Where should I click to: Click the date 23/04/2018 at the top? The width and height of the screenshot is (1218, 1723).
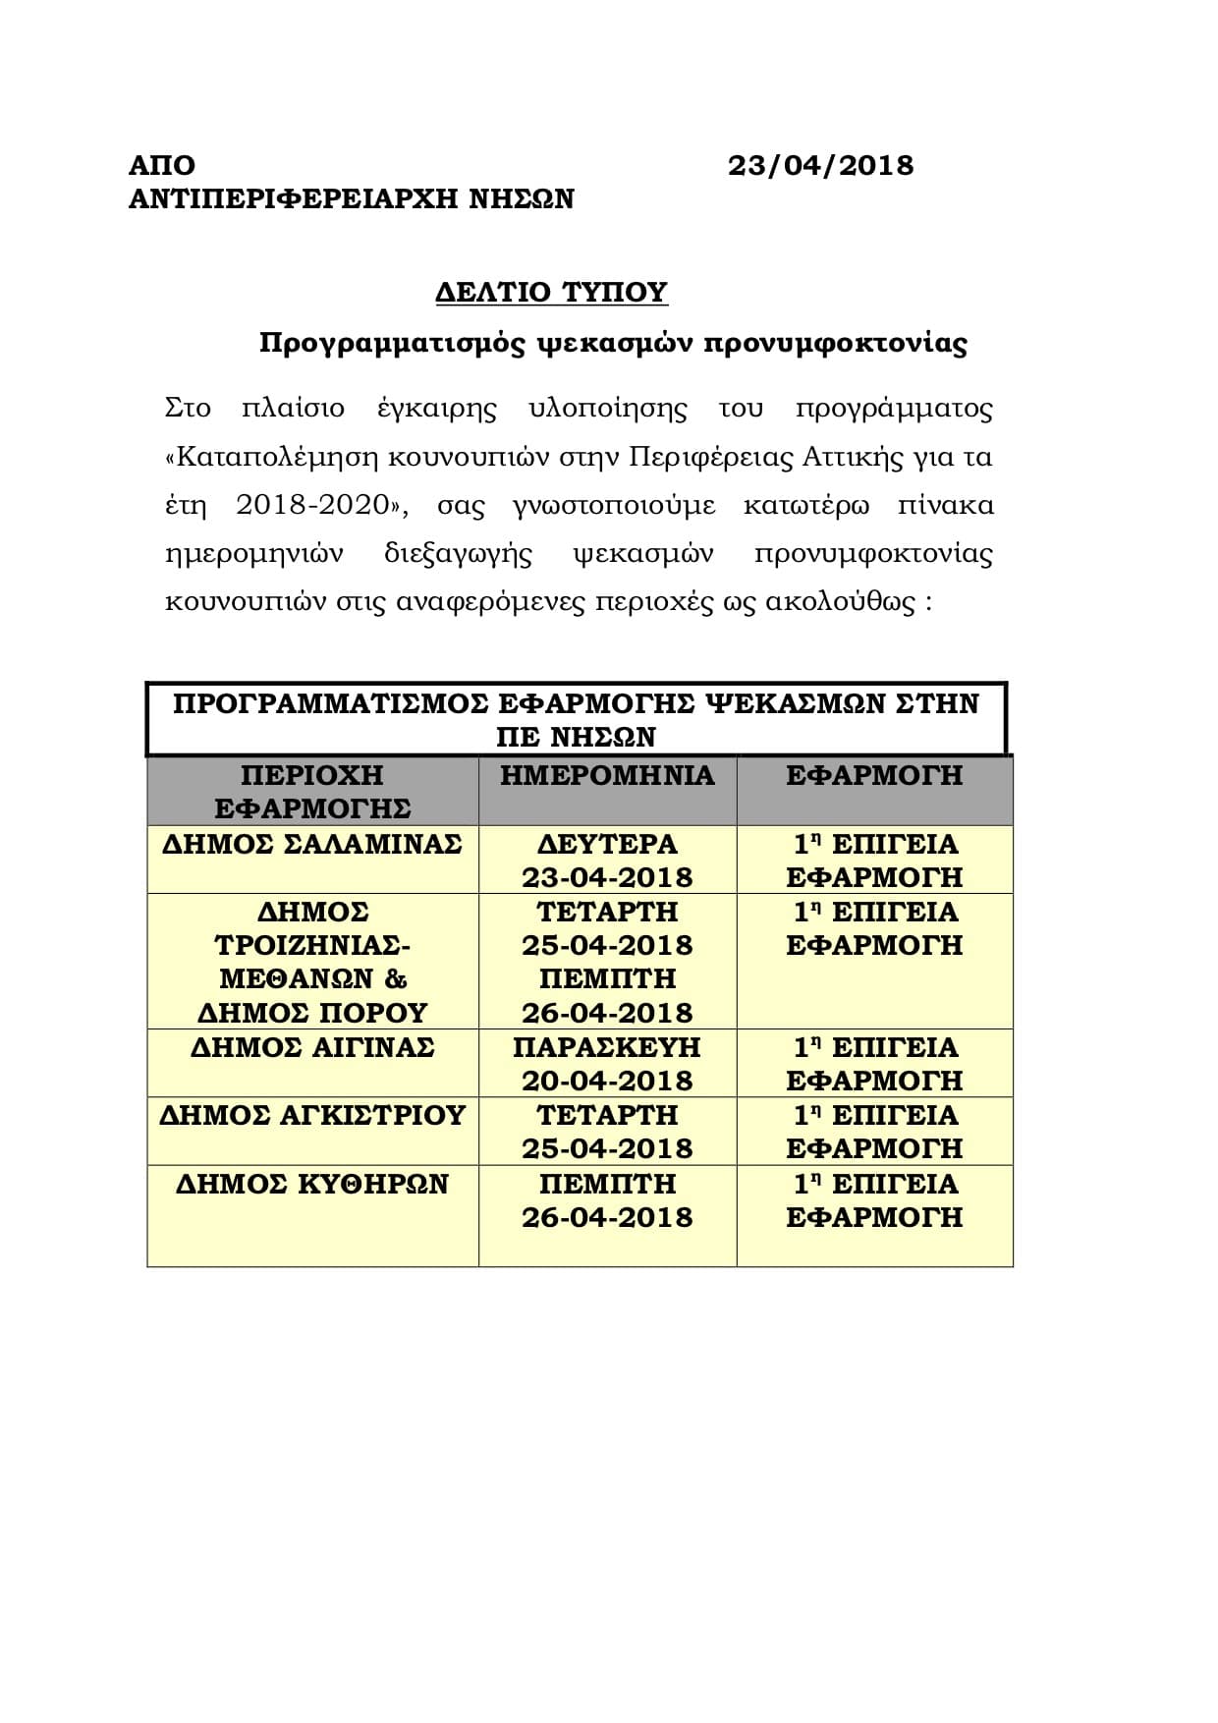(x=820, y=165)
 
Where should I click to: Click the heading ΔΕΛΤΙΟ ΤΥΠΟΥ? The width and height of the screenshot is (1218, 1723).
(x=551, y=292)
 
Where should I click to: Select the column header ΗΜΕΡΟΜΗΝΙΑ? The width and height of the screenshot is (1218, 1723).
(x=607, y=775)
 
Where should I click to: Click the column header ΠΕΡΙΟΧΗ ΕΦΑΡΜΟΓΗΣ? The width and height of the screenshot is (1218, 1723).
(x=312, y=792)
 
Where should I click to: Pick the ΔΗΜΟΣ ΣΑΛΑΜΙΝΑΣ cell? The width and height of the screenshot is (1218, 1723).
(x=312, y=844)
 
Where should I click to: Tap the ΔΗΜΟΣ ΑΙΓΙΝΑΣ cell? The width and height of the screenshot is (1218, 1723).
(x=312, y=1047)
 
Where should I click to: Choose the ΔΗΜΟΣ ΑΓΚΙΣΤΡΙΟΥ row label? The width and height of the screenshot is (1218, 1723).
(x=312, y=1115)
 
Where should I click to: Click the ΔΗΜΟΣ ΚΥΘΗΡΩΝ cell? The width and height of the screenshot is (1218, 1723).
(x=312, y=1184)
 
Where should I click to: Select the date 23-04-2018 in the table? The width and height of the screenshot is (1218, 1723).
(x=607, y=877)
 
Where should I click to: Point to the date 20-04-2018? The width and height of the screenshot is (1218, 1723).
(x=607, y=1081)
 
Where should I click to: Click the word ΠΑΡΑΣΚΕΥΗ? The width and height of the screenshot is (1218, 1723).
(x=607, y=1047)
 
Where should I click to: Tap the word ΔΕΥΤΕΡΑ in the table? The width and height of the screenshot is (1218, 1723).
(x=607, y=844)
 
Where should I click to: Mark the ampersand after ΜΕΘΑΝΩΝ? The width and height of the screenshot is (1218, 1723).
(x=396, y=978)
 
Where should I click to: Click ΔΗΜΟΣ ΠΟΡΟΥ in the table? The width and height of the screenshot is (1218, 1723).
(x=312, y=1012)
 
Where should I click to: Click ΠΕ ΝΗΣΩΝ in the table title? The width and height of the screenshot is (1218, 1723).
(x=576, y=737)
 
